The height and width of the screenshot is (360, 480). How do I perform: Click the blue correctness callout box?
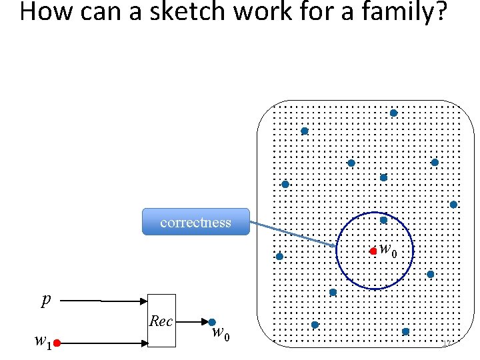(x=195, y=222)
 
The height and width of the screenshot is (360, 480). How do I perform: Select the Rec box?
(x=161, y=321)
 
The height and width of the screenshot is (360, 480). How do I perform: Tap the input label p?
(x=45, y=300)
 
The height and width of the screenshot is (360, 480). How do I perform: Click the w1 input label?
(x=41, y=342)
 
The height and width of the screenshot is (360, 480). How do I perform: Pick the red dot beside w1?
(x=58, y=343)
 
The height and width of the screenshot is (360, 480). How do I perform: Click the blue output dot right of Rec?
(x=212, y=321)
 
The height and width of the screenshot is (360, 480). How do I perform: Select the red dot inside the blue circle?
(x=373, y=251)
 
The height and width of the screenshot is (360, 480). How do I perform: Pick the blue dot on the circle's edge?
(x=383, y=220)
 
